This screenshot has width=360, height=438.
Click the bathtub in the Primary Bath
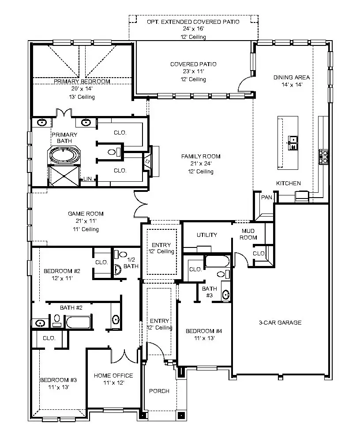64,156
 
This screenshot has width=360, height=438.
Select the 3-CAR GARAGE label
280,322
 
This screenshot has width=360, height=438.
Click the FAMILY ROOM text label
201,156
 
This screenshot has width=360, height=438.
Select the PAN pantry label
266,198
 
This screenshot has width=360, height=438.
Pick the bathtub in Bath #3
217,261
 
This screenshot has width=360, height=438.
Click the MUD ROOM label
249,234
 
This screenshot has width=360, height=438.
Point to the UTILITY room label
207,235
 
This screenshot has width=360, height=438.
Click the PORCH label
159,391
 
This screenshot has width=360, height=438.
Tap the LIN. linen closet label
88,180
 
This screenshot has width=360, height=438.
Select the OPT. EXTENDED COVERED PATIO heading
193,22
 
